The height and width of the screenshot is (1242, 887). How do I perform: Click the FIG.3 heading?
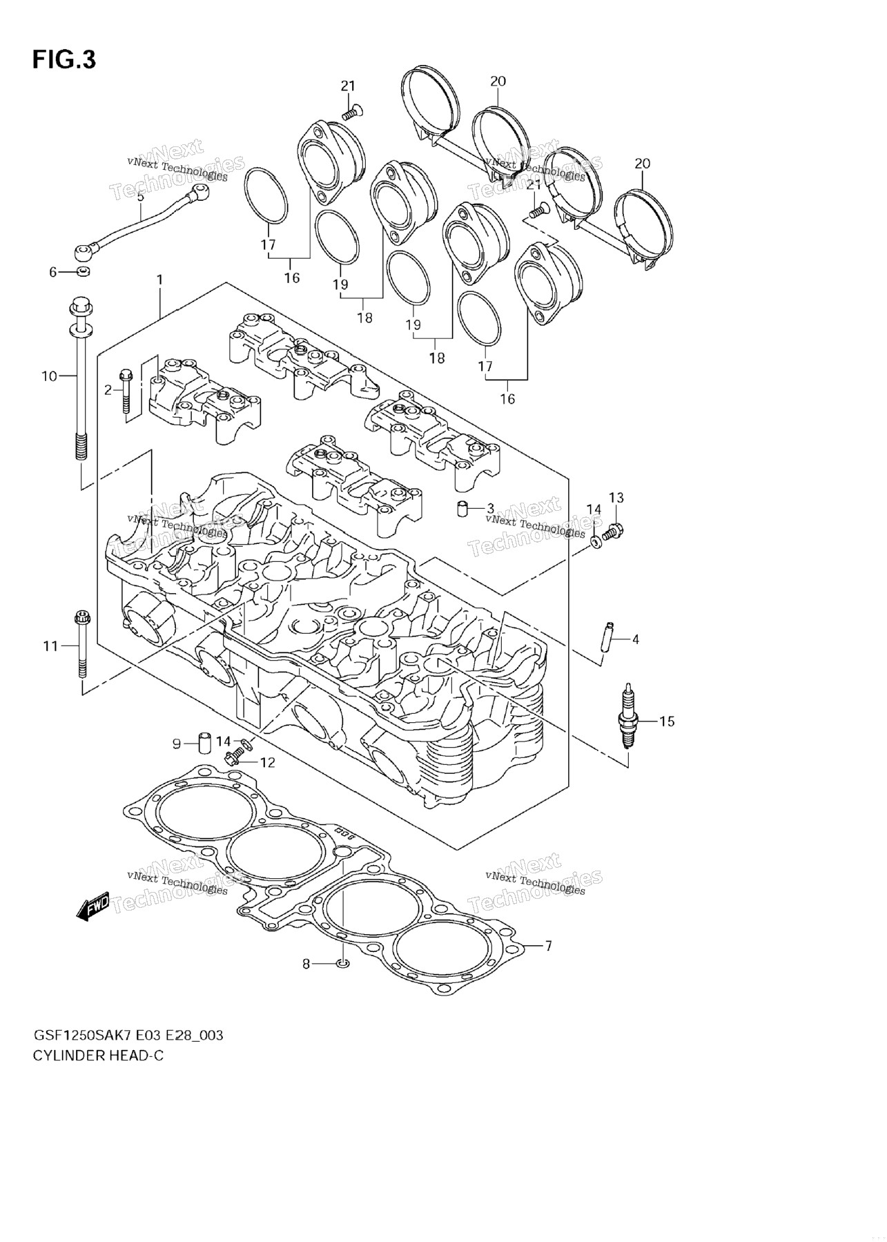[64, 60]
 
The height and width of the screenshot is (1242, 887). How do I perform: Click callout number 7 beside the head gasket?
[548, 946]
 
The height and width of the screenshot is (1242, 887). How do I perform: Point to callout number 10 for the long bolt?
[49, 376]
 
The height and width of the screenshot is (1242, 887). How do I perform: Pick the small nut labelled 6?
[82, 272]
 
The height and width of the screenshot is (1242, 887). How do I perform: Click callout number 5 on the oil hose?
[140, 197]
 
